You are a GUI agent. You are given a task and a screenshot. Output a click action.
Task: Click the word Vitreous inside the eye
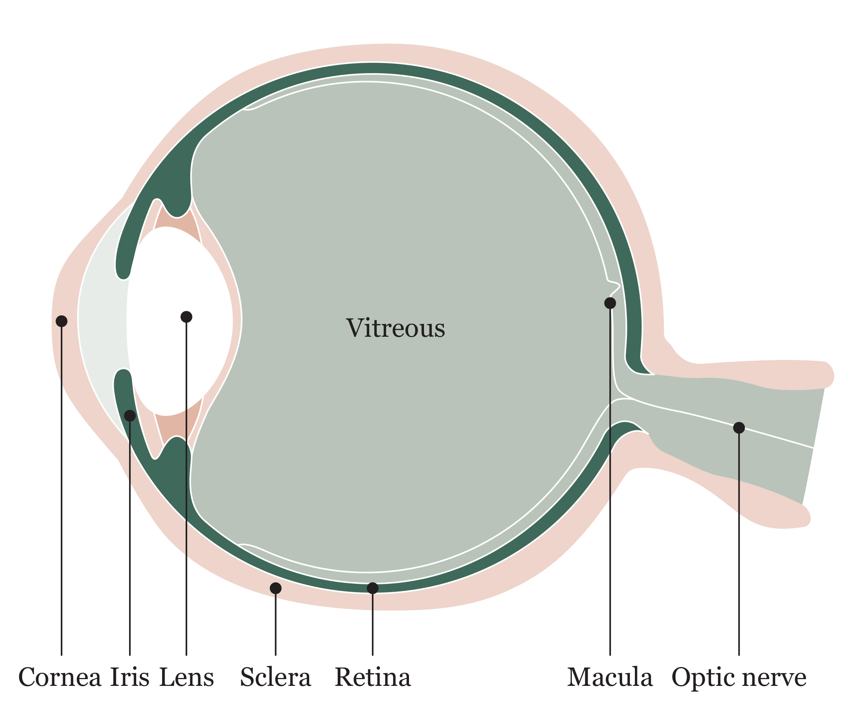[395, 328]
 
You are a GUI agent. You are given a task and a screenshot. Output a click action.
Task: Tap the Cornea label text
[60, 677]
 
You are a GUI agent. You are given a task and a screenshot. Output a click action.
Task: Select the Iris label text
[130, 677]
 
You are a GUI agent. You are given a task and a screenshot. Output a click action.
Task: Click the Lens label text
[186, 677]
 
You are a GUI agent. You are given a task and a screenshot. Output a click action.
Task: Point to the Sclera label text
[275, 677]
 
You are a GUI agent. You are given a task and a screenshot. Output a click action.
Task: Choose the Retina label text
[373, 677]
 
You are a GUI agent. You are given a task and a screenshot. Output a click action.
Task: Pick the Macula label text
[610, 677]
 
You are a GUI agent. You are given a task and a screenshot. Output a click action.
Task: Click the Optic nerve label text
[739, 677]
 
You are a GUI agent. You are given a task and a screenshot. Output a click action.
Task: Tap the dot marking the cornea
[62, 321]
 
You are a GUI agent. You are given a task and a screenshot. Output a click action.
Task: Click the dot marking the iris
[130, 416]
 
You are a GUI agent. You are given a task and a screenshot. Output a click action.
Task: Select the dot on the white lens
[186, 317]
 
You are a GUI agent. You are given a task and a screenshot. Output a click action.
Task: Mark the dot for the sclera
[275, 588]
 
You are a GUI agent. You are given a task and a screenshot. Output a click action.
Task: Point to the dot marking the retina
[373, 588]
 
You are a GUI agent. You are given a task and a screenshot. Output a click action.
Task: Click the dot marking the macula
[610, 303]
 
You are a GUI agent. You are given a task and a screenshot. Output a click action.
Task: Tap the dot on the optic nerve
[739, 427]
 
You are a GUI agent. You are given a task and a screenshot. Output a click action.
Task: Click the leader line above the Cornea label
[62, 492]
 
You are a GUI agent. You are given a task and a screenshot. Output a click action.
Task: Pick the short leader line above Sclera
[275, 624]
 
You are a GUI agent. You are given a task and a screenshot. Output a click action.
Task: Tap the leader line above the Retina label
[373, 624]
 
